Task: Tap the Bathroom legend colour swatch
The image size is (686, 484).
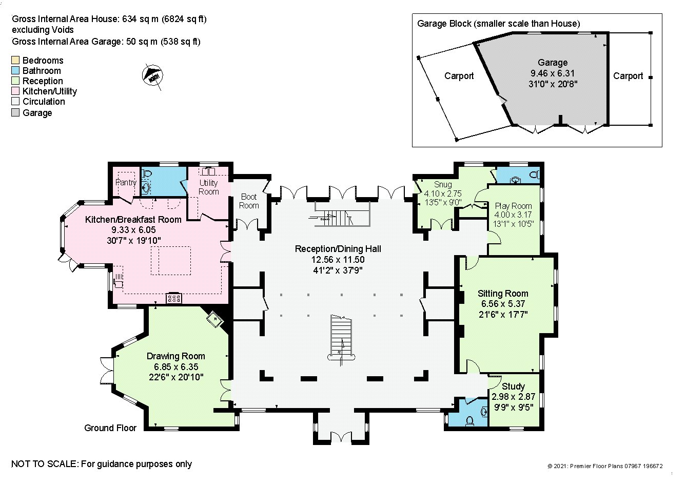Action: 15,70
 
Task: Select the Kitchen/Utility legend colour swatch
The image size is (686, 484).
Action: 15,91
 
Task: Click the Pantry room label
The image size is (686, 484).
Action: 126,182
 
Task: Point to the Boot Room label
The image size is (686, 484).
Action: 249,201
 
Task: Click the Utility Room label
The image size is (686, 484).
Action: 208,187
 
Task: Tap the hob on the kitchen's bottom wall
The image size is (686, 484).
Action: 173,298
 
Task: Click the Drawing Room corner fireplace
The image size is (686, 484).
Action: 215,319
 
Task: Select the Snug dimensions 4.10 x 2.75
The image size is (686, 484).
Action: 442,193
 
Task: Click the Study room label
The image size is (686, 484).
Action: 513,386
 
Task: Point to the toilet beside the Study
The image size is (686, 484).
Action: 469,421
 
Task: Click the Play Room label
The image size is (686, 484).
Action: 513,206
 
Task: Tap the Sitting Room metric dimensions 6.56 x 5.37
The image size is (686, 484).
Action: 503,304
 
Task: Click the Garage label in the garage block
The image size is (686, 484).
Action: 553,63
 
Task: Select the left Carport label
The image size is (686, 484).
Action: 459,76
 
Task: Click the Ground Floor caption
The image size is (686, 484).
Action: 110,428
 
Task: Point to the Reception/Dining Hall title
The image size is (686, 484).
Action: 338,249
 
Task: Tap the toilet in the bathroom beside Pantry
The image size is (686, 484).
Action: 147,173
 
